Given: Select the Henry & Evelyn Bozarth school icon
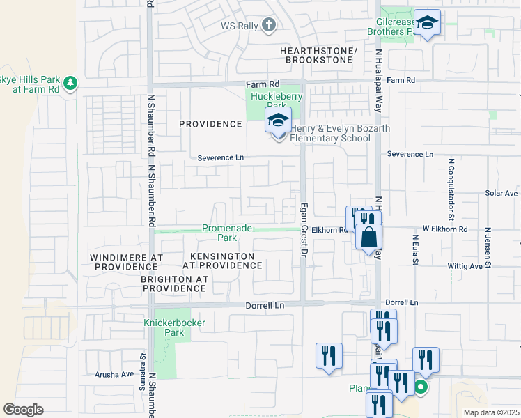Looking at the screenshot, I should [x=278, y=121].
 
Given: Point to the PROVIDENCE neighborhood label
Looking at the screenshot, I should [x=210, y=124].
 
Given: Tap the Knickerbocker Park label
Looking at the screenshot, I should [x=164, y=327].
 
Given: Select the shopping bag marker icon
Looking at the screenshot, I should [x=368, y=237].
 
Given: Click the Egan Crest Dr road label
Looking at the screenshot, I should [x=304, y=240].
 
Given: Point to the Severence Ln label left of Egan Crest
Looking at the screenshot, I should [x=220, y=157].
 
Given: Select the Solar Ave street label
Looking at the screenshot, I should [x=501, y=193].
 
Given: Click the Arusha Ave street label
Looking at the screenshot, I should [x=114, y=374].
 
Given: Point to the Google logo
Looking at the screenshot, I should [x=23, y=410].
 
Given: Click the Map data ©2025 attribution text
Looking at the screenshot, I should [x=491, y=412].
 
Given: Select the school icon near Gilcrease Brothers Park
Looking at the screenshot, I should [x=427, y=24].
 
